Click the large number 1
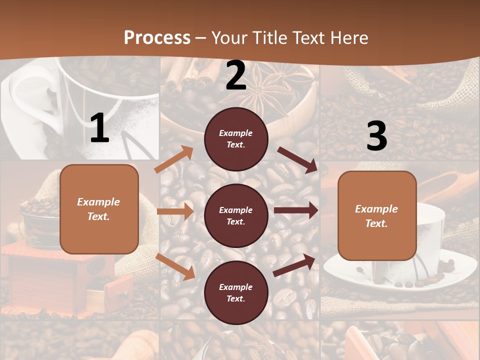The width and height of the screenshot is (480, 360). coord(99,128)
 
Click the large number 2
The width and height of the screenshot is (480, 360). coord(236,76)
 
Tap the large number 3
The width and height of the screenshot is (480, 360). coord(376,136)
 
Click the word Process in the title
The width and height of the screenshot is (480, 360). coord(157,37)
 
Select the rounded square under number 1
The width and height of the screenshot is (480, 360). coord(99,209)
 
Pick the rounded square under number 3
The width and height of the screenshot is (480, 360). coord(377,215)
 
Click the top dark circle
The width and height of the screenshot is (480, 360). coord(236,139)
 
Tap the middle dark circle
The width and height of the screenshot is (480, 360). coord(236,215)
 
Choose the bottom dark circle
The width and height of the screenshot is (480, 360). coord(236,292)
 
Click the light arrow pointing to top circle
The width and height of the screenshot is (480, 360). coord(174,159)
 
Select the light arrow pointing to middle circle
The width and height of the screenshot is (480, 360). coord(175,211)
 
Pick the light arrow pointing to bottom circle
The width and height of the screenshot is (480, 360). coord(175,266)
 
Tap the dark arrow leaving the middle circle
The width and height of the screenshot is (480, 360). coord(296,210)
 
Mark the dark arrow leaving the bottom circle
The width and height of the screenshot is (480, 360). coord(294,265)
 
